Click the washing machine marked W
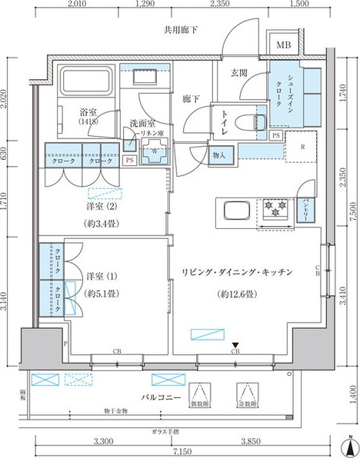coord(155,151)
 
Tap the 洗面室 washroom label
coord(143,123)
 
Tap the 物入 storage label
coord(219,156)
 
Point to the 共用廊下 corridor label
coord(182,30)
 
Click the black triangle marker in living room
coord(237,343)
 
